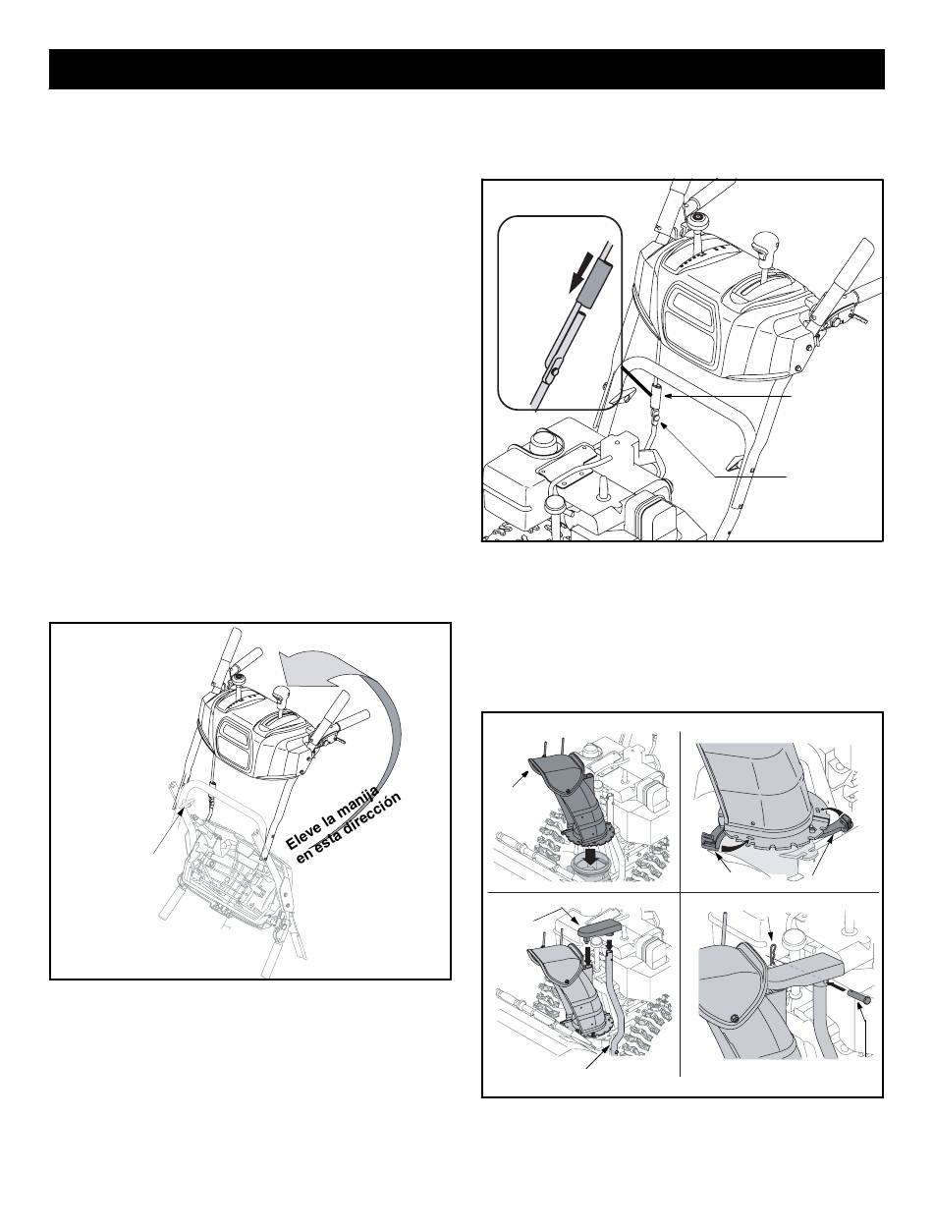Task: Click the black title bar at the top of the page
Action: pyautogui.click(x=466, y=69)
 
